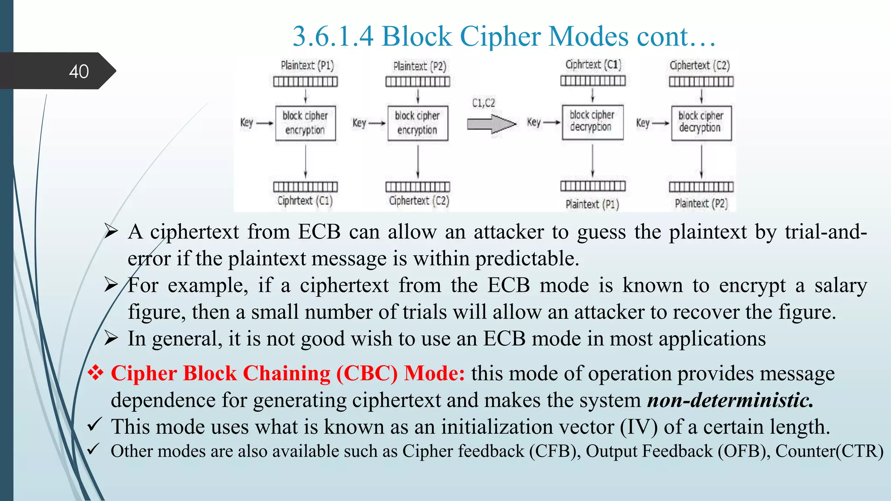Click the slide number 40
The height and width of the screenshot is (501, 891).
click(x=79, y=71)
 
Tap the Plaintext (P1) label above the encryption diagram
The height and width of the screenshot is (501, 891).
click(x=307, y=66)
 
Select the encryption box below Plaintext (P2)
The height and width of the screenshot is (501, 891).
click(x=418, y=123)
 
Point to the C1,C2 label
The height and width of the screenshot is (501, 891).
click(x=483, y=103)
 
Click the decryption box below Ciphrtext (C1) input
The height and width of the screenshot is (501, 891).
click(x=592, y=122)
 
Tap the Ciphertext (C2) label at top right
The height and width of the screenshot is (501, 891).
click(x=700, y=66)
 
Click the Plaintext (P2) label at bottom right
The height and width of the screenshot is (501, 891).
click(x=701, y=204)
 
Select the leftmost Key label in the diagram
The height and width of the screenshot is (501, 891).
click(x=247, y=123)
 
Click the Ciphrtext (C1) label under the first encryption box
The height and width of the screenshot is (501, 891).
click(x=305, y=201)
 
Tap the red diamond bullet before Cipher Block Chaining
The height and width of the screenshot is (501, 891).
click(x=95, y=373)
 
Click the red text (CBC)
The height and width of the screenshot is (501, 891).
click(x=367, y=374)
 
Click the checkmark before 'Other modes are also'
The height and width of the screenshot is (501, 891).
click(x=94, y=449)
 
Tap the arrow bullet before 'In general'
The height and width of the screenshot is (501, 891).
click(x=111, y=338)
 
